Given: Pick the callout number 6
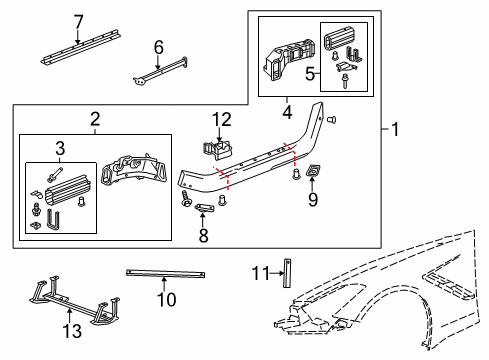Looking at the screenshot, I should [x=158, y=46].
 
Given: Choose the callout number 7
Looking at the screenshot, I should [x=79, y=20].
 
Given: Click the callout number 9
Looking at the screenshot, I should [x=313, y=200].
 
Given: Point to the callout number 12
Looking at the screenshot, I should [x=221, y=120].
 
